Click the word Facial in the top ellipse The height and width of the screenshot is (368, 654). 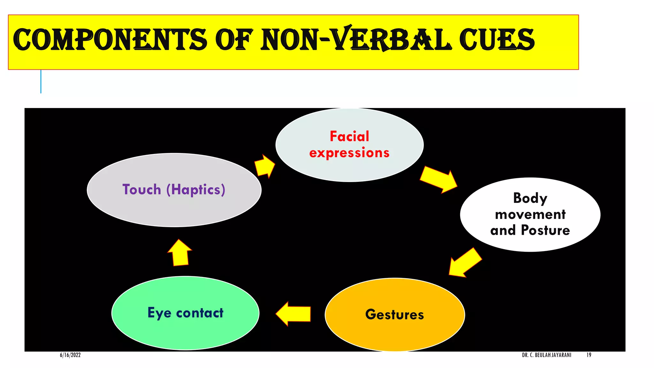pos(349,136)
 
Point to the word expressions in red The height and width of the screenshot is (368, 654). pos(349,153)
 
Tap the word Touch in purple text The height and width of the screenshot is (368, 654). pos(141,189)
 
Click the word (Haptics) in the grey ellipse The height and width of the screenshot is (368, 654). pos(196,189)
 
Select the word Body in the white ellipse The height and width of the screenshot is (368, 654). pos(530,198)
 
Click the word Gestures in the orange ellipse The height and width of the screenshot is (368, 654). pos(395,315)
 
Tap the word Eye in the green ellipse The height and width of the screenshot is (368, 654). pos(159,313)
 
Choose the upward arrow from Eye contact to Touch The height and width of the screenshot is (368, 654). pos(180,253)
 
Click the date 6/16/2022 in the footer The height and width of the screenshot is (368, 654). pos(70,355)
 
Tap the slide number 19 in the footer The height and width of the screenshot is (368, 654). pos(589,355)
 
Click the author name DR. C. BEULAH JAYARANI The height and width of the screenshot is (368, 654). pos(546,355)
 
